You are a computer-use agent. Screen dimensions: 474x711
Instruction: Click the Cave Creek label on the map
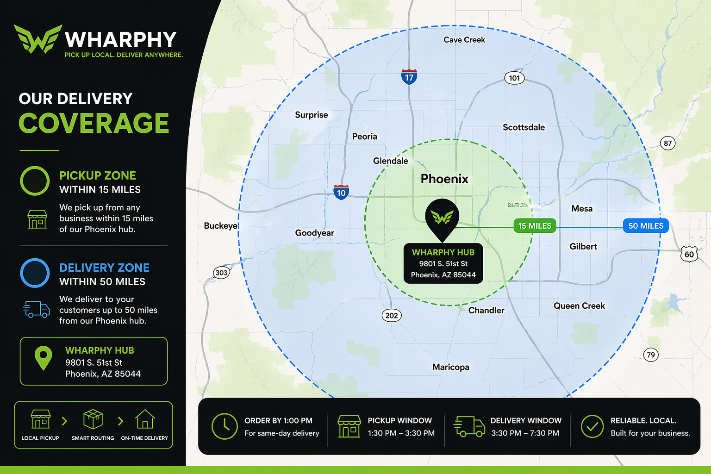pos(464,40)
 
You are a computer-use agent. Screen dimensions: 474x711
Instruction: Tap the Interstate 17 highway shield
pos(409,77)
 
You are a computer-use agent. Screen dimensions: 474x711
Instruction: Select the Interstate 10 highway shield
pos(341,192)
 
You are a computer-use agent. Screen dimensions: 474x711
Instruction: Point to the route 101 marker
pos(514,78)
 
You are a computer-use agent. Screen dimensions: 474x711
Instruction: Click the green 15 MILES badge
pos(535,226)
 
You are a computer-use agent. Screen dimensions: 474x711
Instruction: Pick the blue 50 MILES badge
pos(645,226)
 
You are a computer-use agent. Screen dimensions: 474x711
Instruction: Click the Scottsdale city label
pos(524,127)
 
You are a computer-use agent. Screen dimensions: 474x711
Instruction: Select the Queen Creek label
pos(579,306)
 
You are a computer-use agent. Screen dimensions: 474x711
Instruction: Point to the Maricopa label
pos(450,367)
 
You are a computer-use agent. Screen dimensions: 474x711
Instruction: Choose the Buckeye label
pos(221,226)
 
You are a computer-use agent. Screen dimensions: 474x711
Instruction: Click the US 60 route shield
pos(689,254)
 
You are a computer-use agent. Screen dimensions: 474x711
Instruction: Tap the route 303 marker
pos(221,273)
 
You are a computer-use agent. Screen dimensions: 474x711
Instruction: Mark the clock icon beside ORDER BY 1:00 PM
pos(225,426)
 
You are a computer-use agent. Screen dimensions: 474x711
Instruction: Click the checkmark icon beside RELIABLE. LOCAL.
pos(592,426)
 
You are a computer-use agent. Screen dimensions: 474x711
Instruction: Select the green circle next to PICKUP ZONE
pos(35,181)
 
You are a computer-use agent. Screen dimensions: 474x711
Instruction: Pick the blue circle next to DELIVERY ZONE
pos(35,273)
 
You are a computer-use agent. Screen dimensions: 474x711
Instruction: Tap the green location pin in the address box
pos(44,358)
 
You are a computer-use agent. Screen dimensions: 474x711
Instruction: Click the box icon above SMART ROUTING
pos(93,419)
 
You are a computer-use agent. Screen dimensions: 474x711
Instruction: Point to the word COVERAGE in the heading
pos(94,123)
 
